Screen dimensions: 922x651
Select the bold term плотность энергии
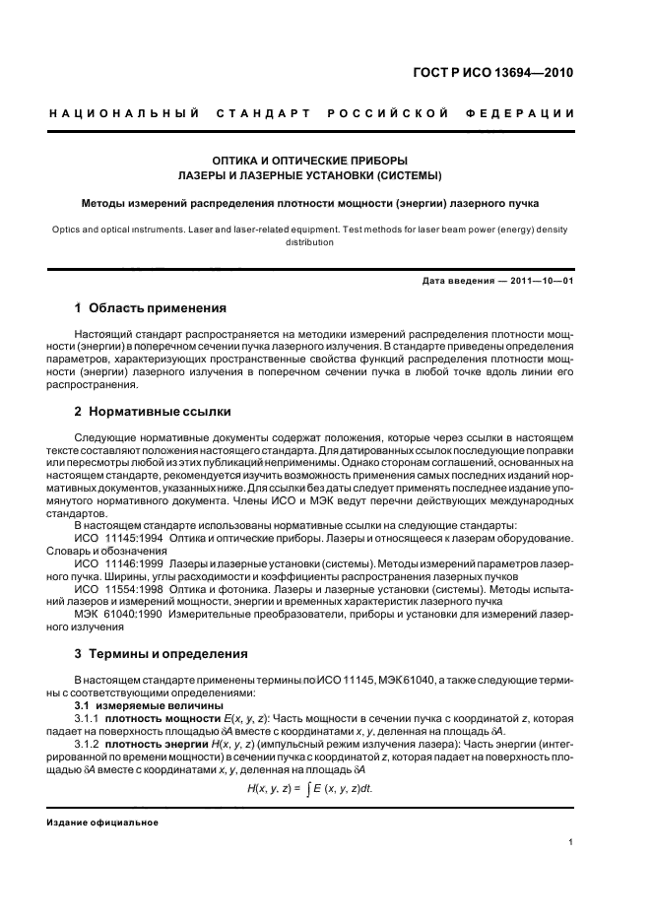(161, 745)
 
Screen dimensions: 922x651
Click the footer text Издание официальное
(103, 823)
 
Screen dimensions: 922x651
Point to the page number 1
(571, 842)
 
